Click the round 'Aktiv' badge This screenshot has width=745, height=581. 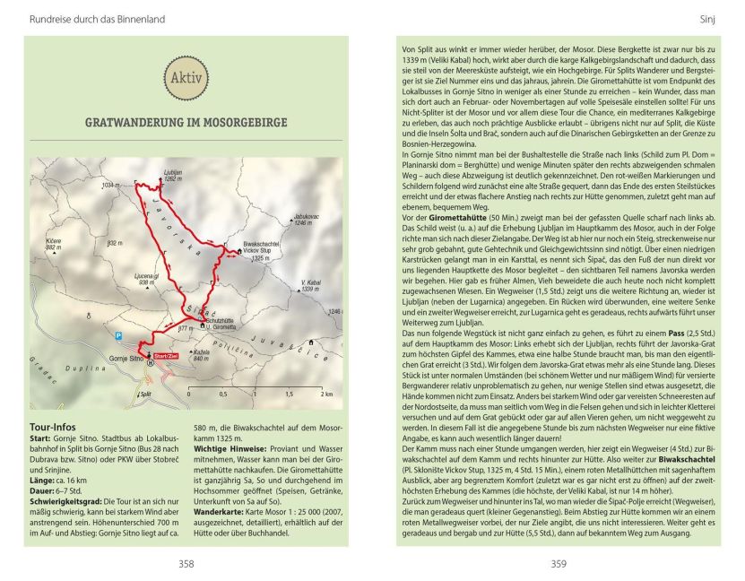[x=186, y=78]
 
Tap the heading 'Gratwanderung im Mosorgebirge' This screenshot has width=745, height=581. [x=186, y=123]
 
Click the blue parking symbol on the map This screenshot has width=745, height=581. [x=118, y=334]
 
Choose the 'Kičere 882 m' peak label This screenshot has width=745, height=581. [x=51, y=245]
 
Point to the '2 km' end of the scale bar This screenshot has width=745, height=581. [x=328, y=394]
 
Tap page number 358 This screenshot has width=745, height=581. [x=186, y=564]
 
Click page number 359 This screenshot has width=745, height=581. [x=558, y=564]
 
